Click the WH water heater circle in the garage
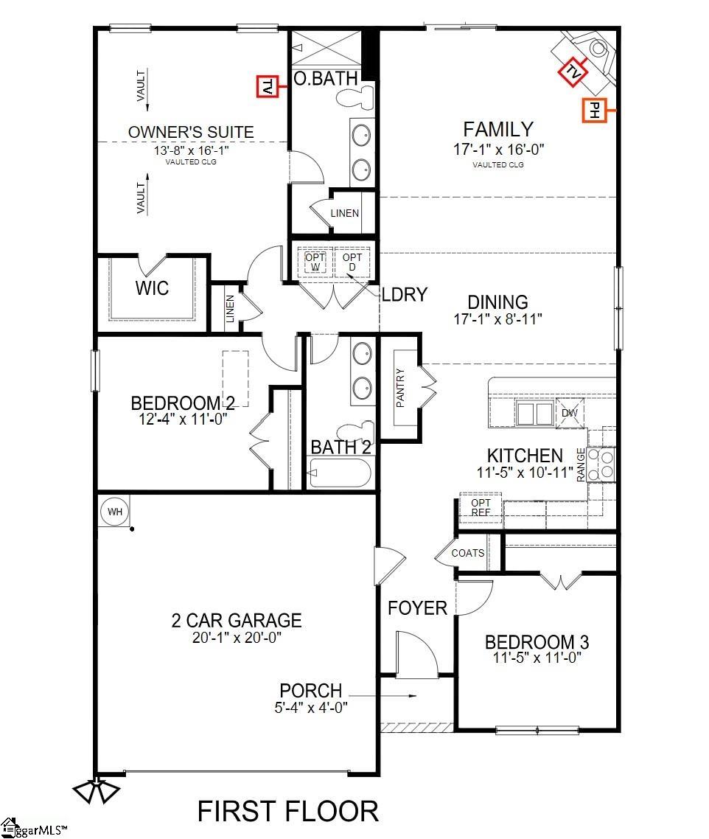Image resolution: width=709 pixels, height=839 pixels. (x=114, y=512)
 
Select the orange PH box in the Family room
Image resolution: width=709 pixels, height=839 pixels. (x=595, y=111)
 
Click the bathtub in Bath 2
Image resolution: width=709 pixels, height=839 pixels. (x=340, y=473)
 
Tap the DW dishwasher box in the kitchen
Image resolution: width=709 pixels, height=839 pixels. (x=570, y=413)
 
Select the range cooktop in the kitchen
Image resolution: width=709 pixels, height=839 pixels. (x=601, y=464)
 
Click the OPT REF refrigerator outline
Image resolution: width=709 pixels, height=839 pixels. (x=481, y=507)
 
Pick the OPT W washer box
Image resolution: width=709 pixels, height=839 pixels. (x=315, y=262)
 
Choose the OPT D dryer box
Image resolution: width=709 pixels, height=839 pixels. (x=352, y=262)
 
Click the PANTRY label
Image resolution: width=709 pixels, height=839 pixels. (x=400, y=388)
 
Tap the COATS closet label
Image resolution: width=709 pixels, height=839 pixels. (x=468, y=553)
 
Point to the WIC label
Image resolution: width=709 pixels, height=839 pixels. (x=152, y=288)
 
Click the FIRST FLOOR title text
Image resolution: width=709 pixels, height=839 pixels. (x=288, y=811)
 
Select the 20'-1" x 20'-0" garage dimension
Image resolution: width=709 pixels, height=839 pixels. (x=237, y=637)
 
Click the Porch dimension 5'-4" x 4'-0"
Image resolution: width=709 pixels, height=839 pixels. (x=311, y=707)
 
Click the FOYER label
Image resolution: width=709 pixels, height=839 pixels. (x=417, y=608)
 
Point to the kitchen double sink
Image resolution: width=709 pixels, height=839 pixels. (x=534, y=414)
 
